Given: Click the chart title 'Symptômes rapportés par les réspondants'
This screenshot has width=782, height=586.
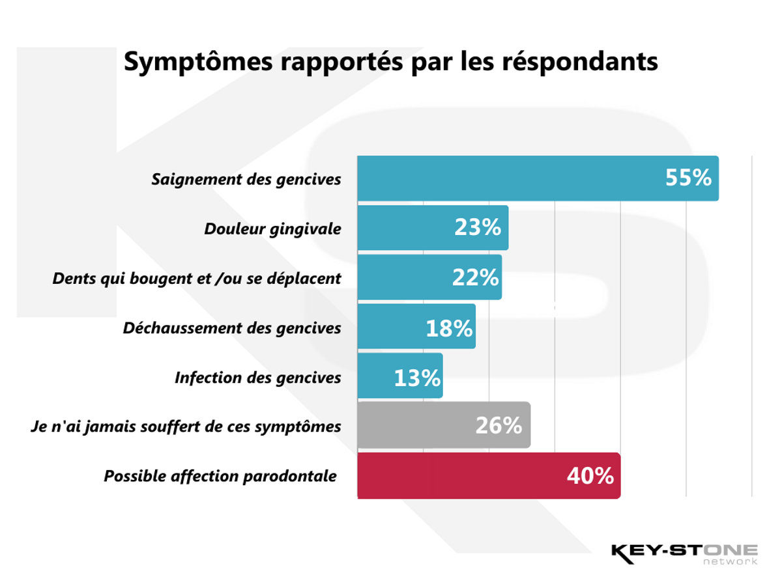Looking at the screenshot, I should (390, 61).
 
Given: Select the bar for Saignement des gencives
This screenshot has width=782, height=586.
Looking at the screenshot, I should (508, 178).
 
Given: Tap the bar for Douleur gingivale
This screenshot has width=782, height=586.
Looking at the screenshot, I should (404, 228).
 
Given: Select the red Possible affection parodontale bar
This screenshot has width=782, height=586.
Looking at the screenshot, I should (456, 476).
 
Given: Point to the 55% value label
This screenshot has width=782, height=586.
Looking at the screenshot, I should (688, 178).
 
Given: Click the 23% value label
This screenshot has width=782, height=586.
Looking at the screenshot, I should (478, 227).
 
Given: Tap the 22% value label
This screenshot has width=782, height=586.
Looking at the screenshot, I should (475, 277).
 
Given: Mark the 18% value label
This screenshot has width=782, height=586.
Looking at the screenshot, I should (449, 328).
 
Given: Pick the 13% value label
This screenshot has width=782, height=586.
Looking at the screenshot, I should (417, 378).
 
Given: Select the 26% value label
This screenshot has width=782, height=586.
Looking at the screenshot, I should (499, 426).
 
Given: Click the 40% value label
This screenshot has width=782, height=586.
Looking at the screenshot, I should (590, 476).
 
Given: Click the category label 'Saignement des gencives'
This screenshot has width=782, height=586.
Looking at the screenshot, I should (246, 179).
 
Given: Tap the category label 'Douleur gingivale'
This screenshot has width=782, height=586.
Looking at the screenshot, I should (272, 229).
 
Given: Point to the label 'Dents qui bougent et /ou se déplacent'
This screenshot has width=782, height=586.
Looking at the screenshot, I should (197, 278).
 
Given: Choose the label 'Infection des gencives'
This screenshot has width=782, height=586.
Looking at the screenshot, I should (257, 378).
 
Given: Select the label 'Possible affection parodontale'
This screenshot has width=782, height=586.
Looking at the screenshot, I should (220, 476).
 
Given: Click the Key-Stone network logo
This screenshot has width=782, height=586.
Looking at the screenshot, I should (684, 553).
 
